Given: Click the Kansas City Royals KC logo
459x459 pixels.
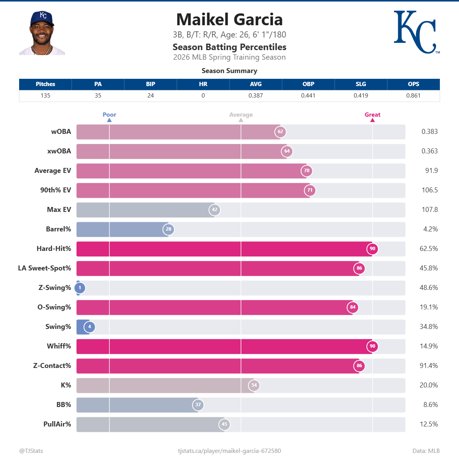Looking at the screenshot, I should [x=416, y=32].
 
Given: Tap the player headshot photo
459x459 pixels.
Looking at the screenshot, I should [x=42, y=33].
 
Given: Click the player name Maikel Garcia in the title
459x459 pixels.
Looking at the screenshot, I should [x=229, y=20].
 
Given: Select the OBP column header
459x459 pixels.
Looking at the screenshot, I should [x=308, y=84].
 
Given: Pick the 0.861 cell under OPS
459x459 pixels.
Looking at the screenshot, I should [x=413, y=96].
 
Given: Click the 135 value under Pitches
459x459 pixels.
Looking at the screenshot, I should [x=46, y=96].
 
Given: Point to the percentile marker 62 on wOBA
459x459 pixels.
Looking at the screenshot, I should [x=280, y=132].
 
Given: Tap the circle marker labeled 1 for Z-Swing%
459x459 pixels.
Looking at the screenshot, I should [x=80, y=288].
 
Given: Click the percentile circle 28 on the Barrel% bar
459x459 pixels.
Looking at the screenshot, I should [x=169, y=229].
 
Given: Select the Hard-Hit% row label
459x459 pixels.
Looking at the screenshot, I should [x=54, y=249].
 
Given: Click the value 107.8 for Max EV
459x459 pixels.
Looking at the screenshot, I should [x=430, y=210].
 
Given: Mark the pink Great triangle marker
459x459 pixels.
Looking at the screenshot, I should [x=373, y=120].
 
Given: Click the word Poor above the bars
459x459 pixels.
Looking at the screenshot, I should [x=109, y=115].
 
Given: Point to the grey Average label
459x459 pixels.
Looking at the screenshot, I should [x=241, y=115].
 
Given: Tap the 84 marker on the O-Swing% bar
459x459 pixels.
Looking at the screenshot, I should [x=353, y=307].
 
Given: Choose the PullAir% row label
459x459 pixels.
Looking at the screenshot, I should [x=57, y=424].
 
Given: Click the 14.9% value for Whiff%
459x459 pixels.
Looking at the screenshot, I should [x=429, y=346].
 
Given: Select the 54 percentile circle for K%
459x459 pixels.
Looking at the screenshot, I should [x=254, y=385].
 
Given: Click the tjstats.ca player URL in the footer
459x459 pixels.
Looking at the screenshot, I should [x=229, y=451].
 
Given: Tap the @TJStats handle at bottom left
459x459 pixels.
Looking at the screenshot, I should [x=31, y=451].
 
